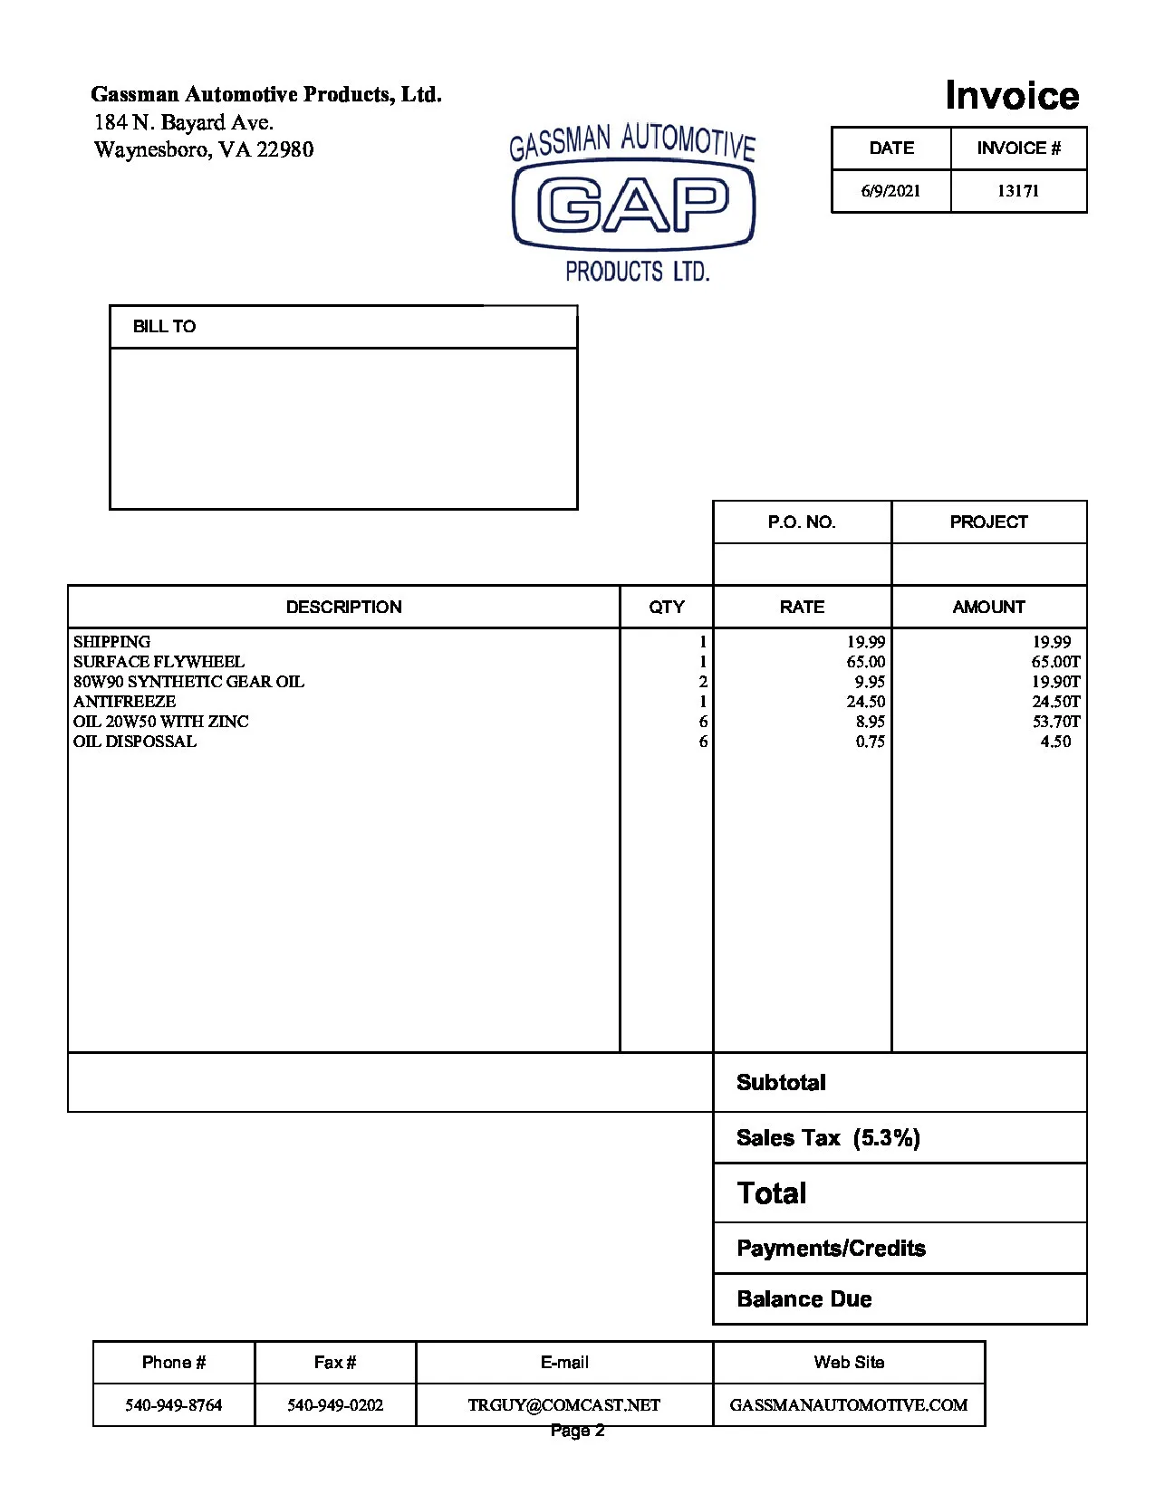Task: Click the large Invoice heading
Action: coord(1012,95)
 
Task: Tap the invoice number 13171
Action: coord(1018,191)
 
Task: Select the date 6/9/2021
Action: coord(890,191)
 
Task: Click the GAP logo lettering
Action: coord(633,205)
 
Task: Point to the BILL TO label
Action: coord(164,327)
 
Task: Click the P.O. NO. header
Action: coord(802,522)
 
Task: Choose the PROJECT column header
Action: coord(988,522)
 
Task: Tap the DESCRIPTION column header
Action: coord(343,607)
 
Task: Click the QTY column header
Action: coord(667,607)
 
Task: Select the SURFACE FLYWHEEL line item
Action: coord(159,662)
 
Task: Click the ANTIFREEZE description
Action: coord(125,702)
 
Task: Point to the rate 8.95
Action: coord(871,722)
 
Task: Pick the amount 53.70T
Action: coord(1056,722)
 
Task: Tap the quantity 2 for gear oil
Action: coord(703,682)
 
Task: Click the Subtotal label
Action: coord(781,1083)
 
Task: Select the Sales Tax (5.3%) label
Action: coord(828,1138)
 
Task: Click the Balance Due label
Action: coord(804,1299)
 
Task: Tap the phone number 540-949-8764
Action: coord(174,1405)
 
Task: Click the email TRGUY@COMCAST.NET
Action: coord(564,1405)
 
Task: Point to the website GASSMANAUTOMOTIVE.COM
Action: coord(849,1405)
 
